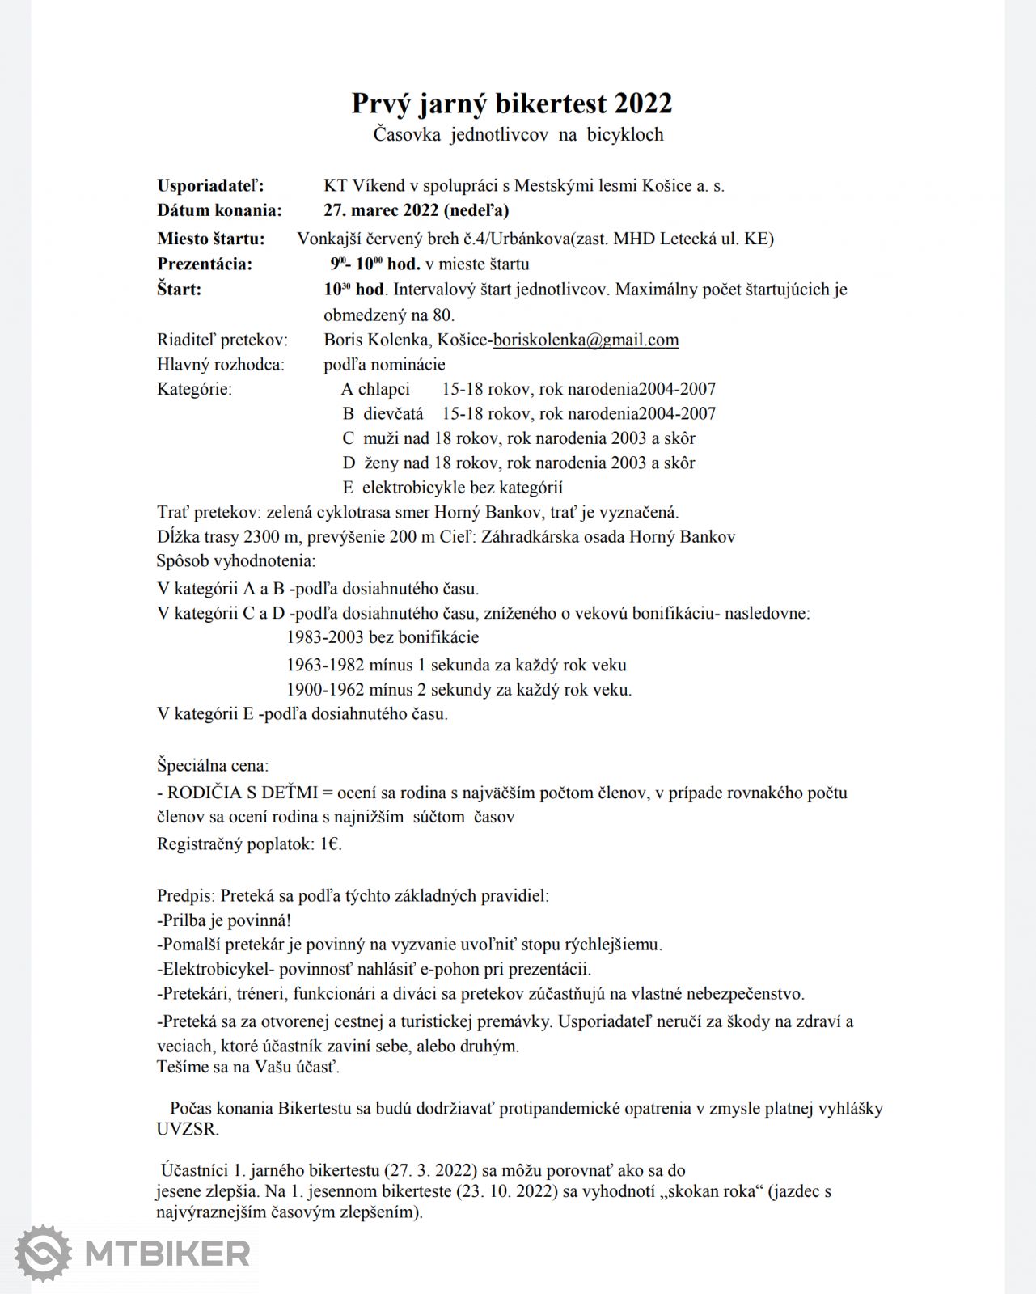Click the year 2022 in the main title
(643, 104)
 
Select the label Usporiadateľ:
(210, 185)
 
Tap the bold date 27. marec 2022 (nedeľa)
(416, 210)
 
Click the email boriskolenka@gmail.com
(586, 340)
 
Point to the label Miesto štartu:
(210, 239)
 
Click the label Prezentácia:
(205, 264)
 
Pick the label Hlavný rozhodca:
(221, 365)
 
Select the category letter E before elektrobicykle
(348, 488)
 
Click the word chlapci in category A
(384, 389)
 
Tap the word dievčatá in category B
(393, 414)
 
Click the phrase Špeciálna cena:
(213, 765)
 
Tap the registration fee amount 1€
(331, 844)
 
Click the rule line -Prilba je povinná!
(224, 920)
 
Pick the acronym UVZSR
(188, 1129)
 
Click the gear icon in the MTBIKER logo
(43, 1254)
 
